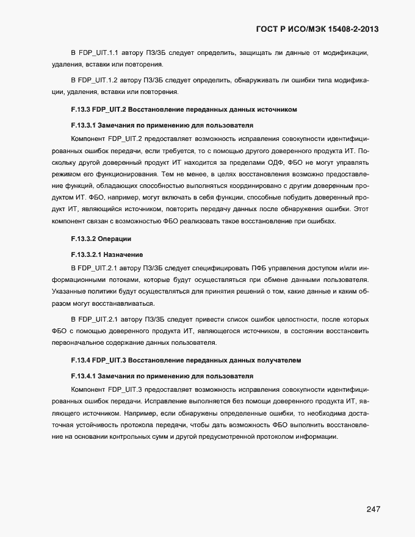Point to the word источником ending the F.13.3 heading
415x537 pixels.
277,109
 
